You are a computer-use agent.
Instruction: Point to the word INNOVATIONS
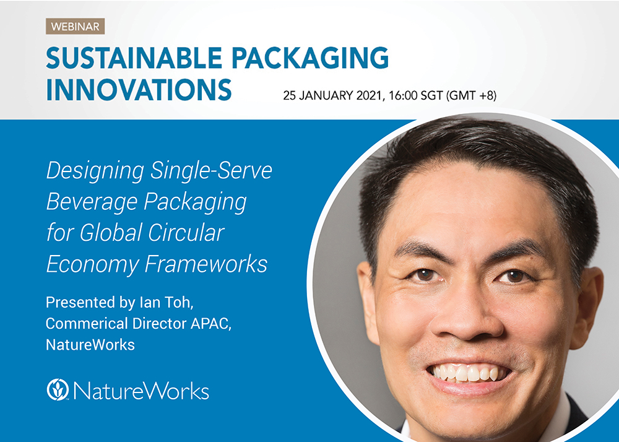pos(139,90)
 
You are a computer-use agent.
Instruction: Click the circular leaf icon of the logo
pos(58,389)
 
